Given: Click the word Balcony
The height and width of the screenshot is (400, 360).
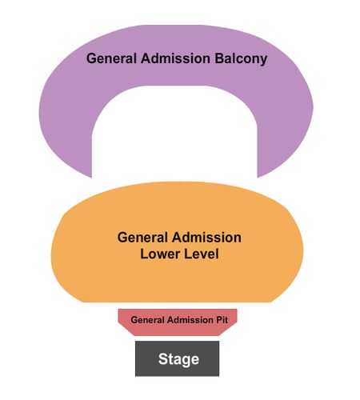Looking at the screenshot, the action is click(x=241, y=58).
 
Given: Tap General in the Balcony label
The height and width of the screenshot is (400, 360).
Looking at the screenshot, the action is click(x=111, y=58).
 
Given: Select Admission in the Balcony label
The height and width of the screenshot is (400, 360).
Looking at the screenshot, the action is click(x=176, y=58).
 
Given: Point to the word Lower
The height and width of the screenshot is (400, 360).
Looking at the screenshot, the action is click(x=160, y=254).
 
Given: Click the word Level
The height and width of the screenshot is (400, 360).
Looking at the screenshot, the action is click(x=202, y=254).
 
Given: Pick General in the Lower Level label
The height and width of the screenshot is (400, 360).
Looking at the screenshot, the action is click(x=142, y=238).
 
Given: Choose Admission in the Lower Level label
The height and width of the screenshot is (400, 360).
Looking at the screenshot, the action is click(x=206, y=238).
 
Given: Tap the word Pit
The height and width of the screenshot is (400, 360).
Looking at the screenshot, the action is click(x=222, y=320).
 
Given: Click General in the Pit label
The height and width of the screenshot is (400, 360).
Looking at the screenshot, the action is click(x=148, y=320).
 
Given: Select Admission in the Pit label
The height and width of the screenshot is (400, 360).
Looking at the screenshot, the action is click(x=190, y=320).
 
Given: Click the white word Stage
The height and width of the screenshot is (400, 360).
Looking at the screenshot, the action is click(x=178, y=359).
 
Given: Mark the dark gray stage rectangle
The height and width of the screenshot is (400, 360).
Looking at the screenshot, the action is click(x=177, y=358).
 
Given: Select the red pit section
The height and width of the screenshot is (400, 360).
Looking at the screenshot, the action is click(x=178, y=322).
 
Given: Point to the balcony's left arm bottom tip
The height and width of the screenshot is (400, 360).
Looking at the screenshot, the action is click(x=92, y=178).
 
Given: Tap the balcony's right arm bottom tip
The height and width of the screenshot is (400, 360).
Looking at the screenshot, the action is click(x=258, y=178).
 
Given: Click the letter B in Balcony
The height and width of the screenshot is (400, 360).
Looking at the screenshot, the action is click(x=219, y=58).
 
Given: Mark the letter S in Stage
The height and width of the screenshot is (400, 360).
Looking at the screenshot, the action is click(x=163, y=359).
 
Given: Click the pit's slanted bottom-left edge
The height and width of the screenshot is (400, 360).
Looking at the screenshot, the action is click(x=126, y=329).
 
